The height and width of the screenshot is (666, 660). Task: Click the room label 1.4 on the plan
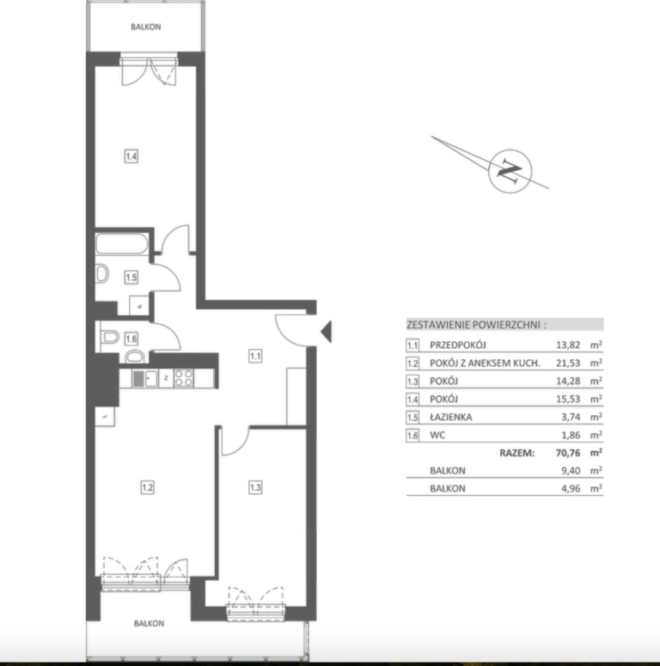point(131,156)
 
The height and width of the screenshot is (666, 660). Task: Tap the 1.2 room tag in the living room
point(147,487)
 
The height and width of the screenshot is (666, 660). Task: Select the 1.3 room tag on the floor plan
point(255,487)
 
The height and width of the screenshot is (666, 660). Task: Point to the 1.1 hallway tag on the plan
point(255,356)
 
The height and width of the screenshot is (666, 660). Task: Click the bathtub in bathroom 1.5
point(122,244)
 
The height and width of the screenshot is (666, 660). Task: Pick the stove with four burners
point(183,378)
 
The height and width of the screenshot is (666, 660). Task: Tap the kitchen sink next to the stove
point(145,378)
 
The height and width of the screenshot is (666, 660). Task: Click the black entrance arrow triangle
point(327,332)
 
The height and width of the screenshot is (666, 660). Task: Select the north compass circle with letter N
point(510,171)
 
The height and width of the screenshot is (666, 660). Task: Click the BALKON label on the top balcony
point(146,27)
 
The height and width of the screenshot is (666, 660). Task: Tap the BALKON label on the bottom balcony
point(149,623)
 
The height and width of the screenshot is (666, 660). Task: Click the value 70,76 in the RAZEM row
point(568,453)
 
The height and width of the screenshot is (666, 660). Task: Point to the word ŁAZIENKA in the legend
point(450,417)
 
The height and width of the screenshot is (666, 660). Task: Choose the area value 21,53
point(568,363)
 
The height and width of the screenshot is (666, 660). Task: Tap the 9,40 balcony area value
point(571,471)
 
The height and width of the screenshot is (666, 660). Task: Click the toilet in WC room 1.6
point(110,337)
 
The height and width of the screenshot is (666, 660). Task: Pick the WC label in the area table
point(437,435)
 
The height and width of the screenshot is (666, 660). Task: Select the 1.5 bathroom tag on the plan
point(131,278)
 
